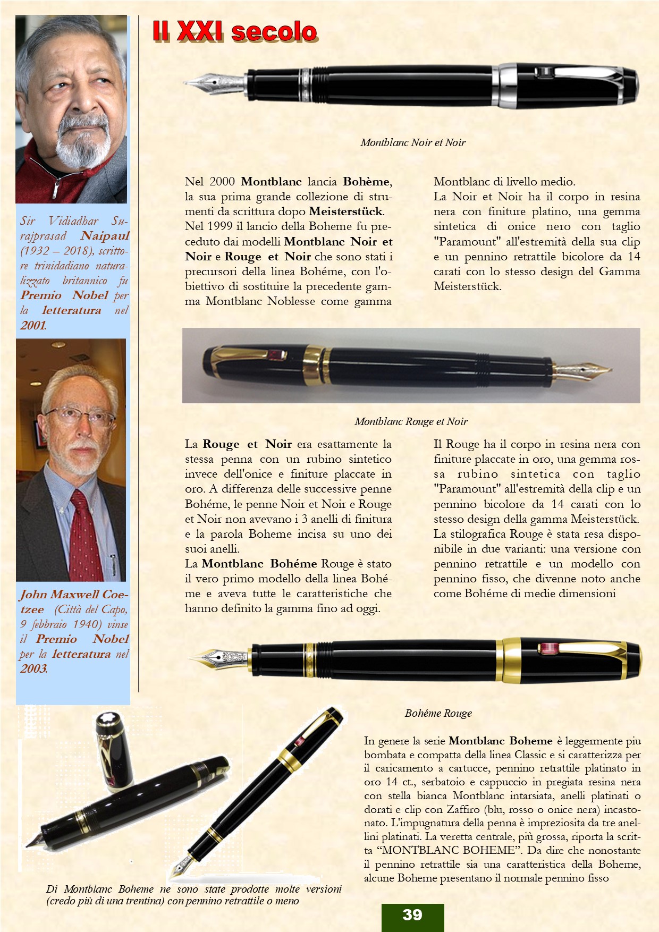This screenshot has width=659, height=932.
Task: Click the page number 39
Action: coord(412,914)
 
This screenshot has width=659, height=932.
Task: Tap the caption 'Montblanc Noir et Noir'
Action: coord(412,142)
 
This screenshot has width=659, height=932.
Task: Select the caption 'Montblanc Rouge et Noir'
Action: coord(411,421)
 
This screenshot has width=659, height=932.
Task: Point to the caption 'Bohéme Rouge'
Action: coord(438,713)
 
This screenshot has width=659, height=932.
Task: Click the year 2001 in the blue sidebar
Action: coord(33,325)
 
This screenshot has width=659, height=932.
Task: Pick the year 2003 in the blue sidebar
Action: coord(33,669)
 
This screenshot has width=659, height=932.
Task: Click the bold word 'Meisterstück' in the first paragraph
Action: coord(345,211)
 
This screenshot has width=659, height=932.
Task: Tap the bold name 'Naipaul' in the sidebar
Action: coord(105,236)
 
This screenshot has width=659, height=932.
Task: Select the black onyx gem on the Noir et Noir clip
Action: coord(543,72)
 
